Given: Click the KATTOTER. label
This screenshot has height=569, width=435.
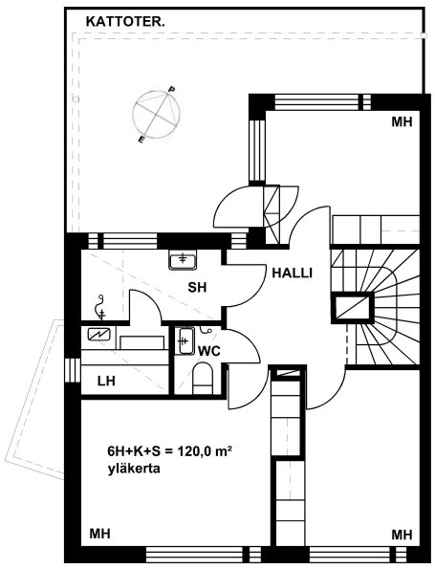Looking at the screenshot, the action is tap(125, 22).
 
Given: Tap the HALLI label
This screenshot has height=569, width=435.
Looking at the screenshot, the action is tap(292, 273).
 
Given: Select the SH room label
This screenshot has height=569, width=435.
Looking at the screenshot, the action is tap(197, 288).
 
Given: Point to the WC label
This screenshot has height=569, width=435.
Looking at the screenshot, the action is tap(209, 351).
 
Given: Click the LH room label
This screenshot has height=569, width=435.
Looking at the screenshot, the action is tap(106, 381).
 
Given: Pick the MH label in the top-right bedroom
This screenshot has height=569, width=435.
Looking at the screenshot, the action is tap(402, 122).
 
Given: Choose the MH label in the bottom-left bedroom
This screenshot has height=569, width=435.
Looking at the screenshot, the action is tap(99, 534).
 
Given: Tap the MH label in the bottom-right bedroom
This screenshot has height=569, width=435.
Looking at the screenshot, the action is tap(402, 535).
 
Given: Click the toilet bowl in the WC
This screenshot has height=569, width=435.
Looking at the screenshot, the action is tap(203, 379).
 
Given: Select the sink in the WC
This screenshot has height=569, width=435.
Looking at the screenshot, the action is tap(185, 340).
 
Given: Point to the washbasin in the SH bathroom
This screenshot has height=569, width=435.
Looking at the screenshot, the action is tap(183, 260).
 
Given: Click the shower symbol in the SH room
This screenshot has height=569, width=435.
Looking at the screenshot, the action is tap(99, 308).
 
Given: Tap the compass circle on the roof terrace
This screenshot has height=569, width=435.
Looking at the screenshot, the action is tap(157, 115).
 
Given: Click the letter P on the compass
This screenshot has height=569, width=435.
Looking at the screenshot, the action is tap(172, 89).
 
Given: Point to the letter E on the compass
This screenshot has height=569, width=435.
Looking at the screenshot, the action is tap(141, 140).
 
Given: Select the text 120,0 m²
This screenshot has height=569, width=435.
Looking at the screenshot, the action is tap(205, 451).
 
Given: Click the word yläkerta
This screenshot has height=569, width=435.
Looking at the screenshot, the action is tap(134, 469).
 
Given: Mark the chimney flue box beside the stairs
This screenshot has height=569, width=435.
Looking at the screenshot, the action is tap(352, 308).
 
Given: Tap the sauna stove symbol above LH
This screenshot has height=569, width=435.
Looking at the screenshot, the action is tap(99, 334).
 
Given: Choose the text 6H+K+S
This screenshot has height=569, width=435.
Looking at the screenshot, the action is tap(134, 451).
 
